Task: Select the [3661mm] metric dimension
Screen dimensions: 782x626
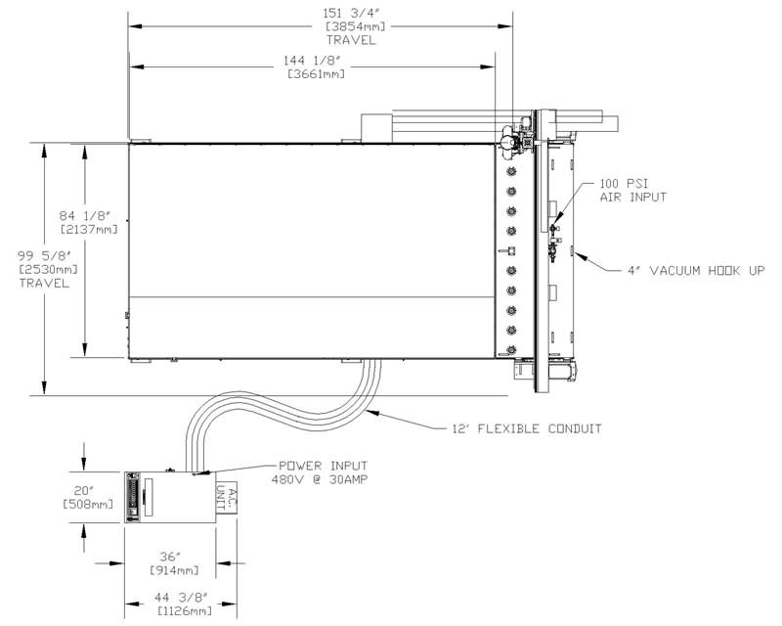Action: coord(316,74)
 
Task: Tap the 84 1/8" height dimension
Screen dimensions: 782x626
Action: coord(84,216)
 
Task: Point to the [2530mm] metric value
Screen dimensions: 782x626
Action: coord(48,270)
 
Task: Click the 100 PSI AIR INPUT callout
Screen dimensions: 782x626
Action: coord(632,191)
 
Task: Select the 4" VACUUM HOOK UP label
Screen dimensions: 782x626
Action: coord(696,271)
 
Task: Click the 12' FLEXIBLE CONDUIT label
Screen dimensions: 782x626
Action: coord(527,428)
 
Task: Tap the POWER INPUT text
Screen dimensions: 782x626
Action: coord(323,466)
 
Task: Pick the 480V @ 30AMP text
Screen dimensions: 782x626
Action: coord(320,479)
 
